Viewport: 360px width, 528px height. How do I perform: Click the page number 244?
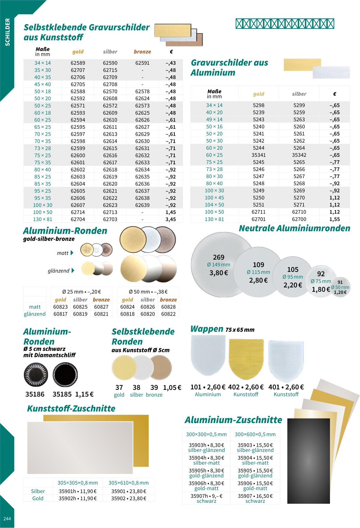coord(7,519)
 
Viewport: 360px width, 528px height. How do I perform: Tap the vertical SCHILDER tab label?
coord(8,32)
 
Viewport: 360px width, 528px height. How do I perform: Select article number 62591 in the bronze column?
coord(142,63)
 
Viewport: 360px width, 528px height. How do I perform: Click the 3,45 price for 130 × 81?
coord(171,219)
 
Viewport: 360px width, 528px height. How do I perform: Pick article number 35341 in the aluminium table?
coord(259,155)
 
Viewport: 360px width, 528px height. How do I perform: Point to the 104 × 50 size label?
coord(214,205)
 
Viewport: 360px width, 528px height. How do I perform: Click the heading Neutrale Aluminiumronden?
coord(294,228)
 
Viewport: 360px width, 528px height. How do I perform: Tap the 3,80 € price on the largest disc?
coord(219,273)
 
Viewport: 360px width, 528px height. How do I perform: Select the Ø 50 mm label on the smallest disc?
coord(340,287)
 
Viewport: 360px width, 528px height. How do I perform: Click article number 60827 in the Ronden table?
coord(101,307)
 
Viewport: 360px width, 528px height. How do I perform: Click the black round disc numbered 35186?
coord(36,375)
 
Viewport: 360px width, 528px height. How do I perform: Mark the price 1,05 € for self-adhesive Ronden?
coord(172,388)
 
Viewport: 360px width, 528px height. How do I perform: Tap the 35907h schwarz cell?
coord(206,498)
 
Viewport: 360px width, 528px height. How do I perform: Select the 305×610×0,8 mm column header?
coord(129,483)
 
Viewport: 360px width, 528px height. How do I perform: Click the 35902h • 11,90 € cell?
coord(78,499)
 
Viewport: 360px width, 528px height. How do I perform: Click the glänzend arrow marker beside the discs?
coord(73,270)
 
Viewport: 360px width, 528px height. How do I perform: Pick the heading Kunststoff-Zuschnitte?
coord(71,409)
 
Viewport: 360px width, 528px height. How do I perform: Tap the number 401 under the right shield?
coord(274,387)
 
